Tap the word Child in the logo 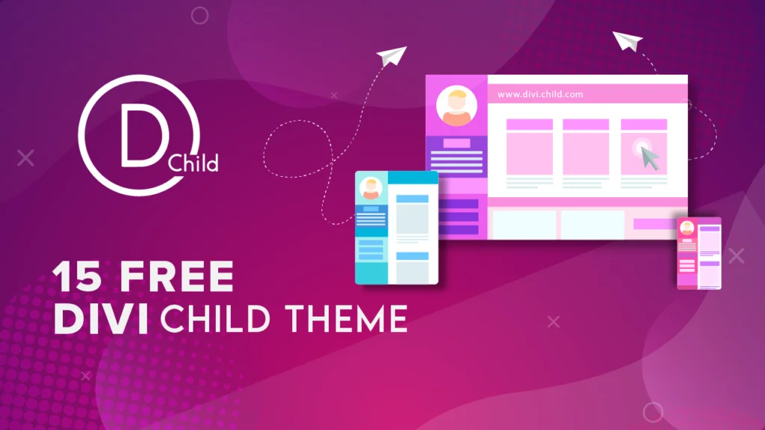click(x=193, y=163)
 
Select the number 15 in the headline click(x=78, y=276)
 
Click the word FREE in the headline click(x=176, y=276)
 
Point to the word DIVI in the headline click(x=101, y=319)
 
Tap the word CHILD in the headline click(x=215, y=319)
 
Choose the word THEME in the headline click(x=347, y=319)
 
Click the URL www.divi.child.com click(x=540, y=94)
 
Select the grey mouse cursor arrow click(x=649, y=158)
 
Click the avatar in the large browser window click(x=456, y=106)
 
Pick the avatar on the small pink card click(x=687, y=228)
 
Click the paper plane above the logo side click(x=391, y=56)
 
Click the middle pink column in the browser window click(x=586, y=147)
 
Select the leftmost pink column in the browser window click(x=530, y=147)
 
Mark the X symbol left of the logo click(x=25, y=158)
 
